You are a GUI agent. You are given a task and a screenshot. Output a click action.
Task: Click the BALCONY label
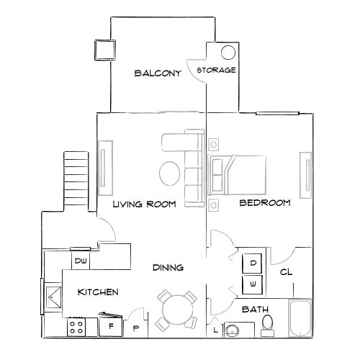pyautogui.click(x=157, y=73)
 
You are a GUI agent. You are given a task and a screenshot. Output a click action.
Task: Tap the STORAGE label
pyautogui.click(x=217, y=70)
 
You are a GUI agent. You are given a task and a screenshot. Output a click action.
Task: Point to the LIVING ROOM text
pyautogui.click(x=144, y=204)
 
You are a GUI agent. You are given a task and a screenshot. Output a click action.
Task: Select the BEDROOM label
pyautogui.click(x=264, y=203)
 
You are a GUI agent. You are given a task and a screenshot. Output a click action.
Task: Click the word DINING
pyautogui.click(x=168, y=268)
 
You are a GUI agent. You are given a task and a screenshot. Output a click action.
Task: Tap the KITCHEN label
pyautogui.click(x=98, y=292)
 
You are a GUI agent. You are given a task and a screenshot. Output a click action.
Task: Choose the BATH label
pyautogui.click(x=255, y=310)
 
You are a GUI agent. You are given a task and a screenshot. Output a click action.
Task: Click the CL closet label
pyautogui.click(x=286, y=273)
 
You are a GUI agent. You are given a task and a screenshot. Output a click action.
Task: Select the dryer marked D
pyautogui.click(x=253, y=264)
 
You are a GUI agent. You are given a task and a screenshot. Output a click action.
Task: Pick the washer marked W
pyautogui.click(x=253, y=284)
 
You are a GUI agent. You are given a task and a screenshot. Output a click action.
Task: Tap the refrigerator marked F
pyautogui.click(x=111, y=326)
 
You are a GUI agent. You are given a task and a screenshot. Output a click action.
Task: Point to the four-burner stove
pyautogui.click(x=78, y=328)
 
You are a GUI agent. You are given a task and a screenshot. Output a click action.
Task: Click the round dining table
pyautogui.click(x=177, y=310)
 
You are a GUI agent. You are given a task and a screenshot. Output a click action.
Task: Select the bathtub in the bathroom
pyautogui.click(x=300, y=319)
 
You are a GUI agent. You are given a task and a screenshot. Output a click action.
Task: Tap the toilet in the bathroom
pyautogui.click(x=268, y=325)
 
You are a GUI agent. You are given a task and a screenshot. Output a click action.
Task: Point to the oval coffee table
pyautogui.click(x=170, y=174)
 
